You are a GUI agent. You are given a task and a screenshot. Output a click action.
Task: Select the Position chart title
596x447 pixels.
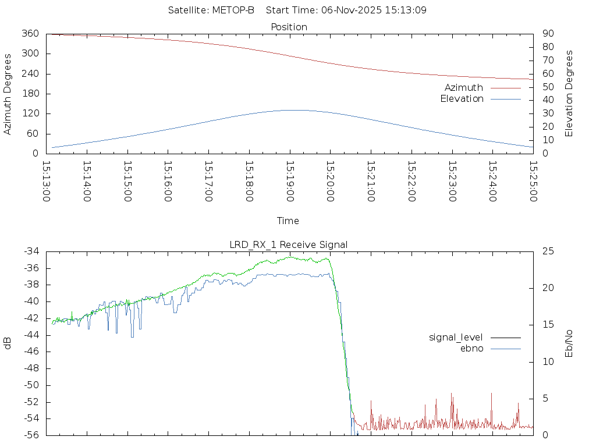pyautogui.click(x=289, y=27)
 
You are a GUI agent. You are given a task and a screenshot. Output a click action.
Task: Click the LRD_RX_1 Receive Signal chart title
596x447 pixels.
pyautogui.click(x=289, y=244)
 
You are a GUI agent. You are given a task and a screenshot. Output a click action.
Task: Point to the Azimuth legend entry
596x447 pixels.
pyautogui.click(x=464, y=88)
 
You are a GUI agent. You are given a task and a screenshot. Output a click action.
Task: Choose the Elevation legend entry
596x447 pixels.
pyautogui.click(x=462, y=99)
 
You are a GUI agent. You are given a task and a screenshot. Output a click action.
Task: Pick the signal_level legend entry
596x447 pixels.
pyautogui.click(x=456, y=338)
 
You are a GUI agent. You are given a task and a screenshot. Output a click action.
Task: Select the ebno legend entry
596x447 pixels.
pyautogui.click(x=471, y=348)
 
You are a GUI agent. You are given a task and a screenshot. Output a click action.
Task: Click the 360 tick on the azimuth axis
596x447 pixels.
pyautogui.click(x=30, y=34)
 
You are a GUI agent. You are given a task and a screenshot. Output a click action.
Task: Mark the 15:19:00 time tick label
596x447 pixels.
pyautogui.click(x=289, y=181)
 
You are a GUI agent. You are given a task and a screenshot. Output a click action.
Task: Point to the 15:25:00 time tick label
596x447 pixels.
pyautogui.click(x=533, y=181)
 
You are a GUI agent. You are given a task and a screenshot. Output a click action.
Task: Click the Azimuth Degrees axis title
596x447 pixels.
pyautogui.click(x=8, y=94)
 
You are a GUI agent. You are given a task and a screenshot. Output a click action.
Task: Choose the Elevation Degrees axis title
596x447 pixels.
pyautogui.click(x=569, y=94)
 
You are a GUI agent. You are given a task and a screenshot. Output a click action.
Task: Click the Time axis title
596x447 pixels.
pyautogui.click(x=288, y=221)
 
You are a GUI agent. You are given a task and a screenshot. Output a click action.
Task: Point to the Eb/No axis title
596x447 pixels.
pyautogui.click(x=569, y=343)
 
